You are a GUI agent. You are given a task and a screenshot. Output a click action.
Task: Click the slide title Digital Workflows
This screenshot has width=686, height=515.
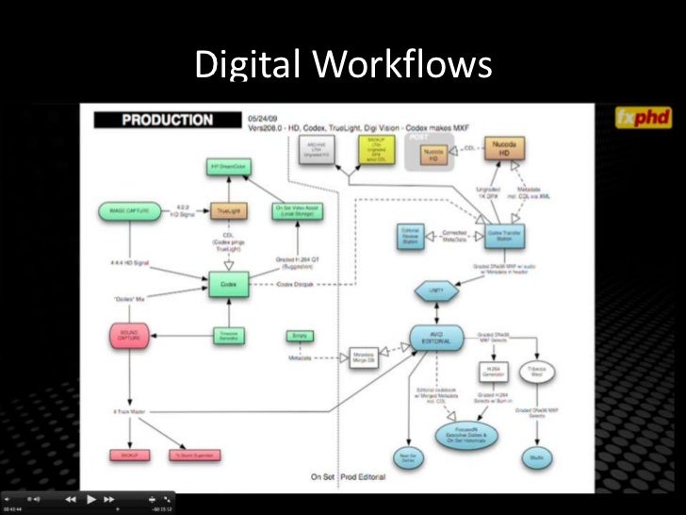[342, 64]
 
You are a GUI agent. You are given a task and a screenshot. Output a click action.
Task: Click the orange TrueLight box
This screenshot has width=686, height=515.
[226, 211]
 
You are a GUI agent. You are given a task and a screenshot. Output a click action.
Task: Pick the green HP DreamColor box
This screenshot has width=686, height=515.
[225, 168]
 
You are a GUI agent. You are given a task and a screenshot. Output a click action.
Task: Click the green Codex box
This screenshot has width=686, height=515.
[227, 281]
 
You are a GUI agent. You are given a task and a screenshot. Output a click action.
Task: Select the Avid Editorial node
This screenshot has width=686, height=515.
[435, 337]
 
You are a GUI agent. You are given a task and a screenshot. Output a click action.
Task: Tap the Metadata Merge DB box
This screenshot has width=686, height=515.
[363, 357]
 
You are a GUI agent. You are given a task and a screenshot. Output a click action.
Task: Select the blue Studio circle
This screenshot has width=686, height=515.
[534, 457]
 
